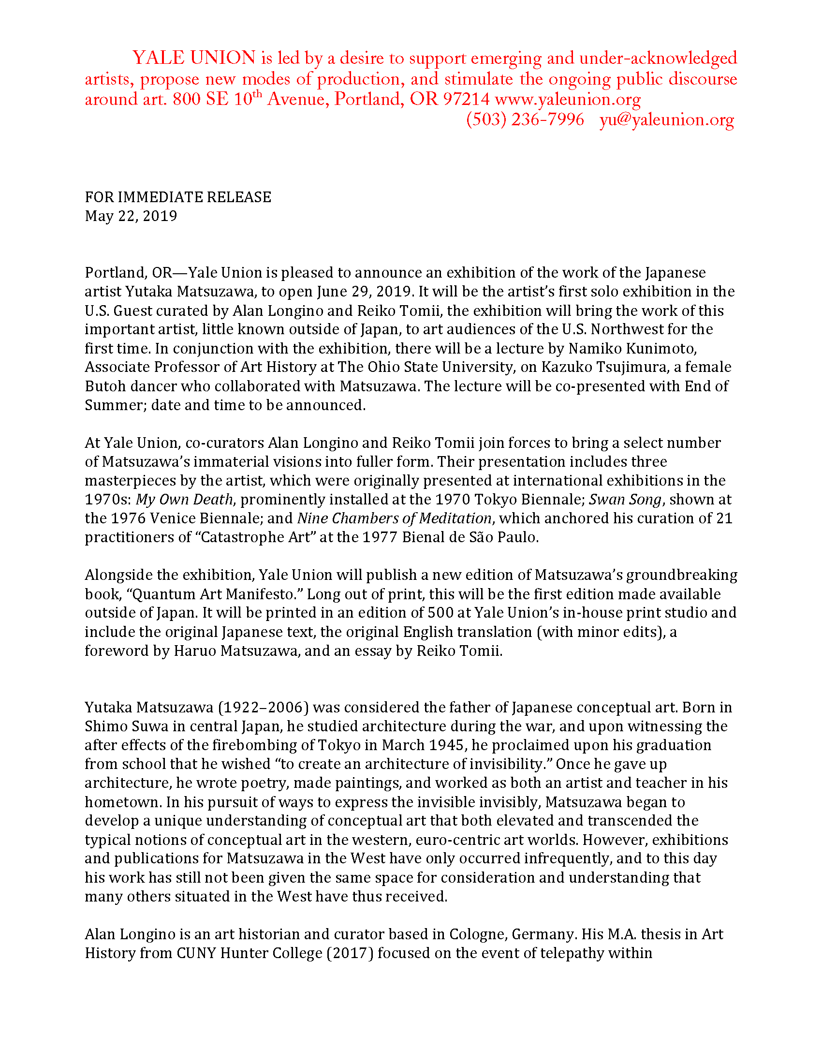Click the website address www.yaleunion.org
(x=567, y=99)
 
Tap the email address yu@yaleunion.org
(x=667, y=120)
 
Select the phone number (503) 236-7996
(x=525, y=120)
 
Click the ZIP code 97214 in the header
(x=467, y=99)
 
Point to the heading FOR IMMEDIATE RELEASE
(x=178, y=197)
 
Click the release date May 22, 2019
(x=131, y=216)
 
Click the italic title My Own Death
(x=185, y=500)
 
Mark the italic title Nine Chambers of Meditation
(x=394, y=518)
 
